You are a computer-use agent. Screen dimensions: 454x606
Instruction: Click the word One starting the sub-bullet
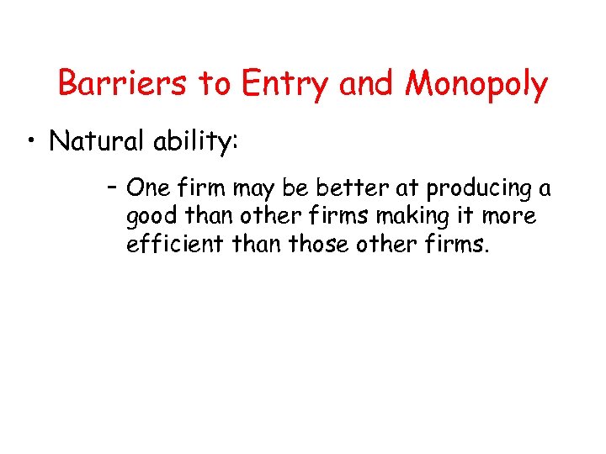(146, 188)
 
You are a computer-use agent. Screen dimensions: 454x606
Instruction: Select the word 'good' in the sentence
(152, 217)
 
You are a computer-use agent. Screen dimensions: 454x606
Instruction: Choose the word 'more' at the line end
(508, 217)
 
